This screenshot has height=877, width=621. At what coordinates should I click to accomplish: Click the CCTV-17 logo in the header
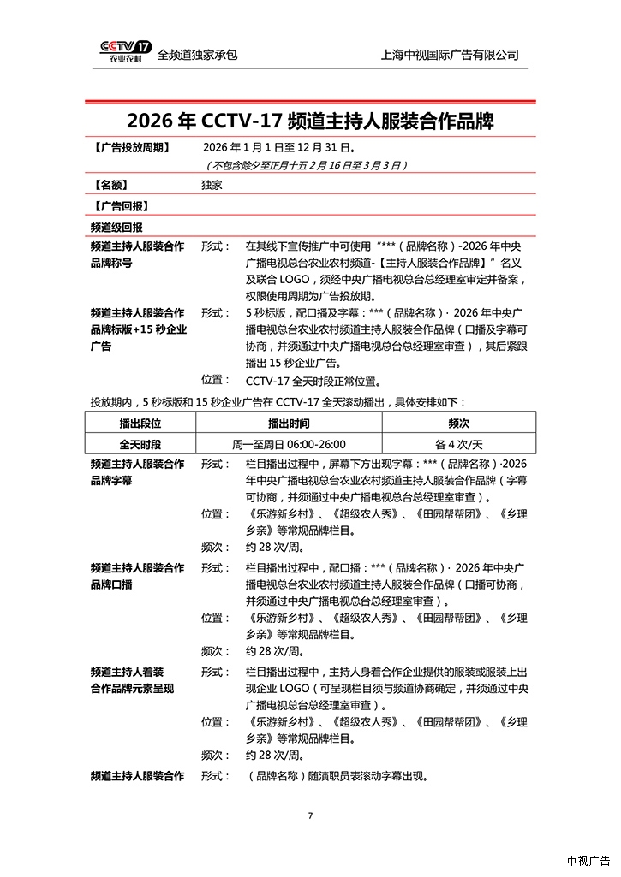pos(125,52)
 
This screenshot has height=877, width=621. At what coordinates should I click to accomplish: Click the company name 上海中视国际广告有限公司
pos(450,54)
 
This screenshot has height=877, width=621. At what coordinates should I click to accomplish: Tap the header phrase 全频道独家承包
pos(197,54)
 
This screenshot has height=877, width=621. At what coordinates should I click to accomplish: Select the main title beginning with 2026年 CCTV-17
pos(310,119)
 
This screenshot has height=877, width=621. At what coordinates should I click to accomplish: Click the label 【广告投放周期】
pos(130,146)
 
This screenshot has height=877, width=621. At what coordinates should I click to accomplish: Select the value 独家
pos(212,184)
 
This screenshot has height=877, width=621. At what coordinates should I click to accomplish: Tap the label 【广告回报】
pos(120,206)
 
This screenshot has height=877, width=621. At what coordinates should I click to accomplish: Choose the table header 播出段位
pos(140,423)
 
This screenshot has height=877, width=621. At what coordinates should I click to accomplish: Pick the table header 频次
pos(458,423)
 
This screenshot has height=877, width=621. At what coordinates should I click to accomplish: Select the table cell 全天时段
pos(140,444)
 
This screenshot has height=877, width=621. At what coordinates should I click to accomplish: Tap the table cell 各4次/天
pos(458,444)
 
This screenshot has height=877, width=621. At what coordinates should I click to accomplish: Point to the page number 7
pos(310,815)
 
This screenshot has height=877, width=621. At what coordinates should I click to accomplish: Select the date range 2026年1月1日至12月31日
pos(273,146)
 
